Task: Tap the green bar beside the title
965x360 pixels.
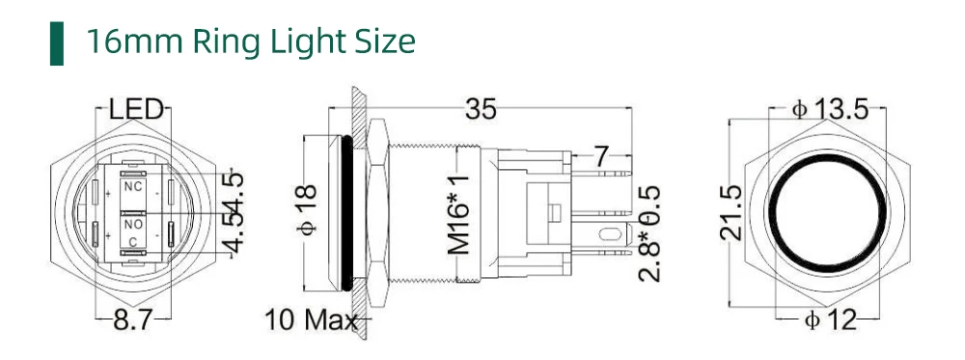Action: (57, 43)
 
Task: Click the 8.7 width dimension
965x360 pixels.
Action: (133, 320)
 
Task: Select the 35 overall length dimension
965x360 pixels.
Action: (480, 109)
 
